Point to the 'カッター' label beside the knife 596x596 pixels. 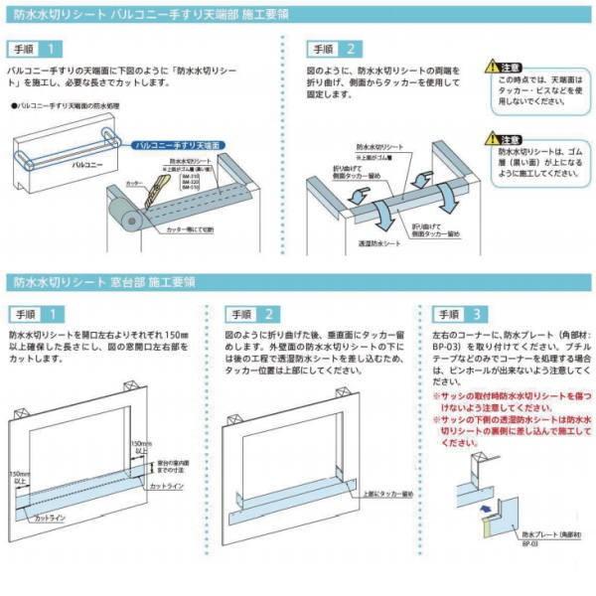(136, 185)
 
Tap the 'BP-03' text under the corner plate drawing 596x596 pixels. (531, 546)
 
